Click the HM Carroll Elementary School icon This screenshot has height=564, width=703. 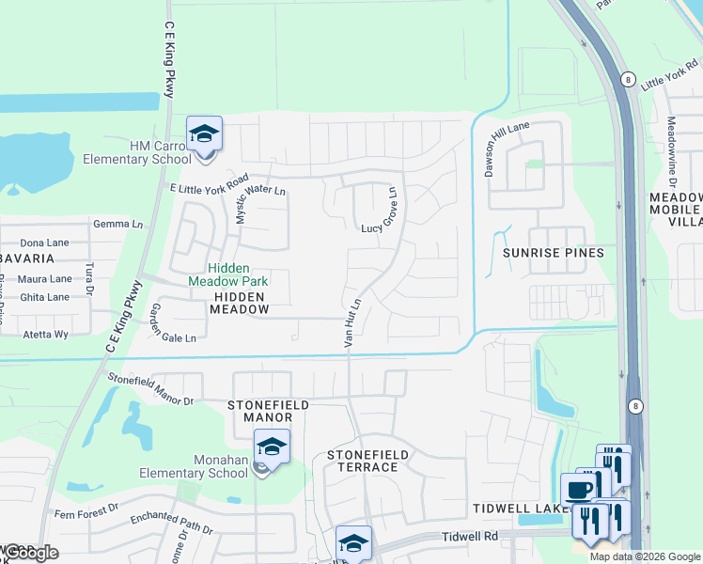(204, 133)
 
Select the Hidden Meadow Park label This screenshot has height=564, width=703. (228, 274)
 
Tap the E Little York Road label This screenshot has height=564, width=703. (209, 183)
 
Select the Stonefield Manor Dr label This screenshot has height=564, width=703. (150, 388)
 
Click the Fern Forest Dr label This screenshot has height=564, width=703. (86, 509)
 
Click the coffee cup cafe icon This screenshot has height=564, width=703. (577, 489)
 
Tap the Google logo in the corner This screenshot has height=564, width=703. (31, 553)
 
